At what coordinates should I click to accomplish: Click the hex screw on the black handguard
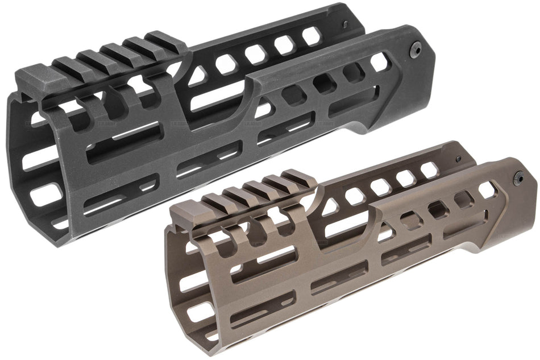pos(416,49)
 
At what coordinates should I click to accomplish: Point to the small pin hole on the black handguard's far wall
pos(345,24)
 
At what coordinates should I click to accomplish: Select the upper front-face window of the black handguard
pos(42,159)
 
